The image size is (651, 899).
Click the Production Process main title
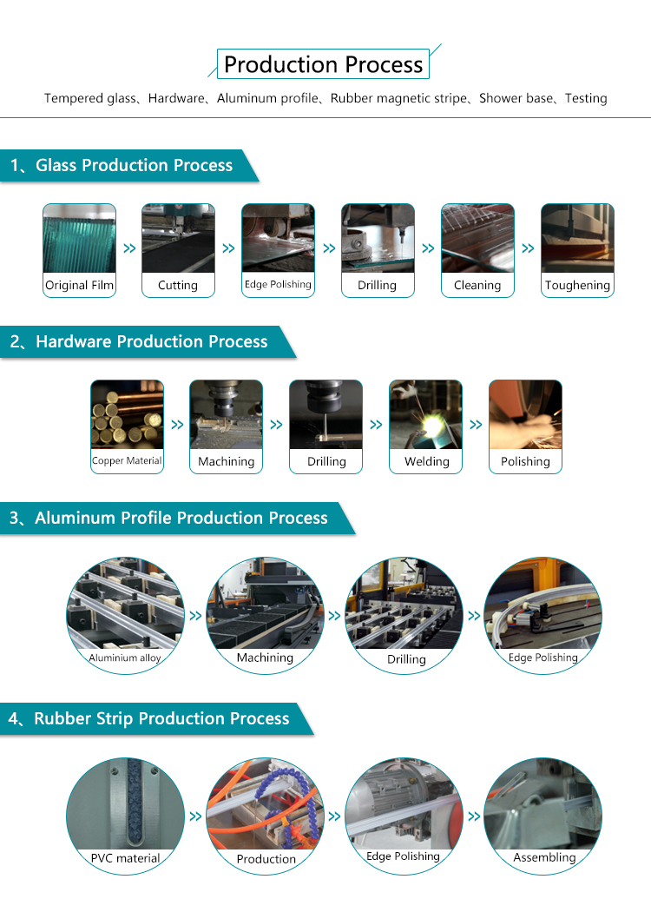point(323,64)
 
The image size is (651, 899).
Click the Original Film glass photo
point(79,239)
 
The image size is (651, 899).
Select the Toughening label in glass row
point(577,285)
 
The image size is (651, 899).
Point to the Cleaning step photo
point(477,239)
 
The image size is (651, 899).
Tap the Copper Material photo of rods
point(127,414)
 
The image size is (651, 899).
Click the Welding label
point(427,461)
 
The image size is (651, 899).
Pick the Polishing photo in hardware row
point(525,414)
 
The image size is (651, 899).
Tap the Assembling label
point(544,857)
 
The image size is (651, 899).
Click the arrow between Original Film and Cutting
point(129,248)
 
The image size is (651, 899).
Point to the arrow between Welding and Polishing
point(476,425)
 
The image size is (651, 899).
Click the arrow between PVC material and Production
point(195,816)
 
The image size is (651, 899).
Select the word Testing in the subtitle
point(586,98)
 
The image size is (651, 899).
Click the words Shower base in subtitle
point(516,98)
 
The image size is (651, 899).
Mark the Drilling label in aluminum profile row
point(406,659)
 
